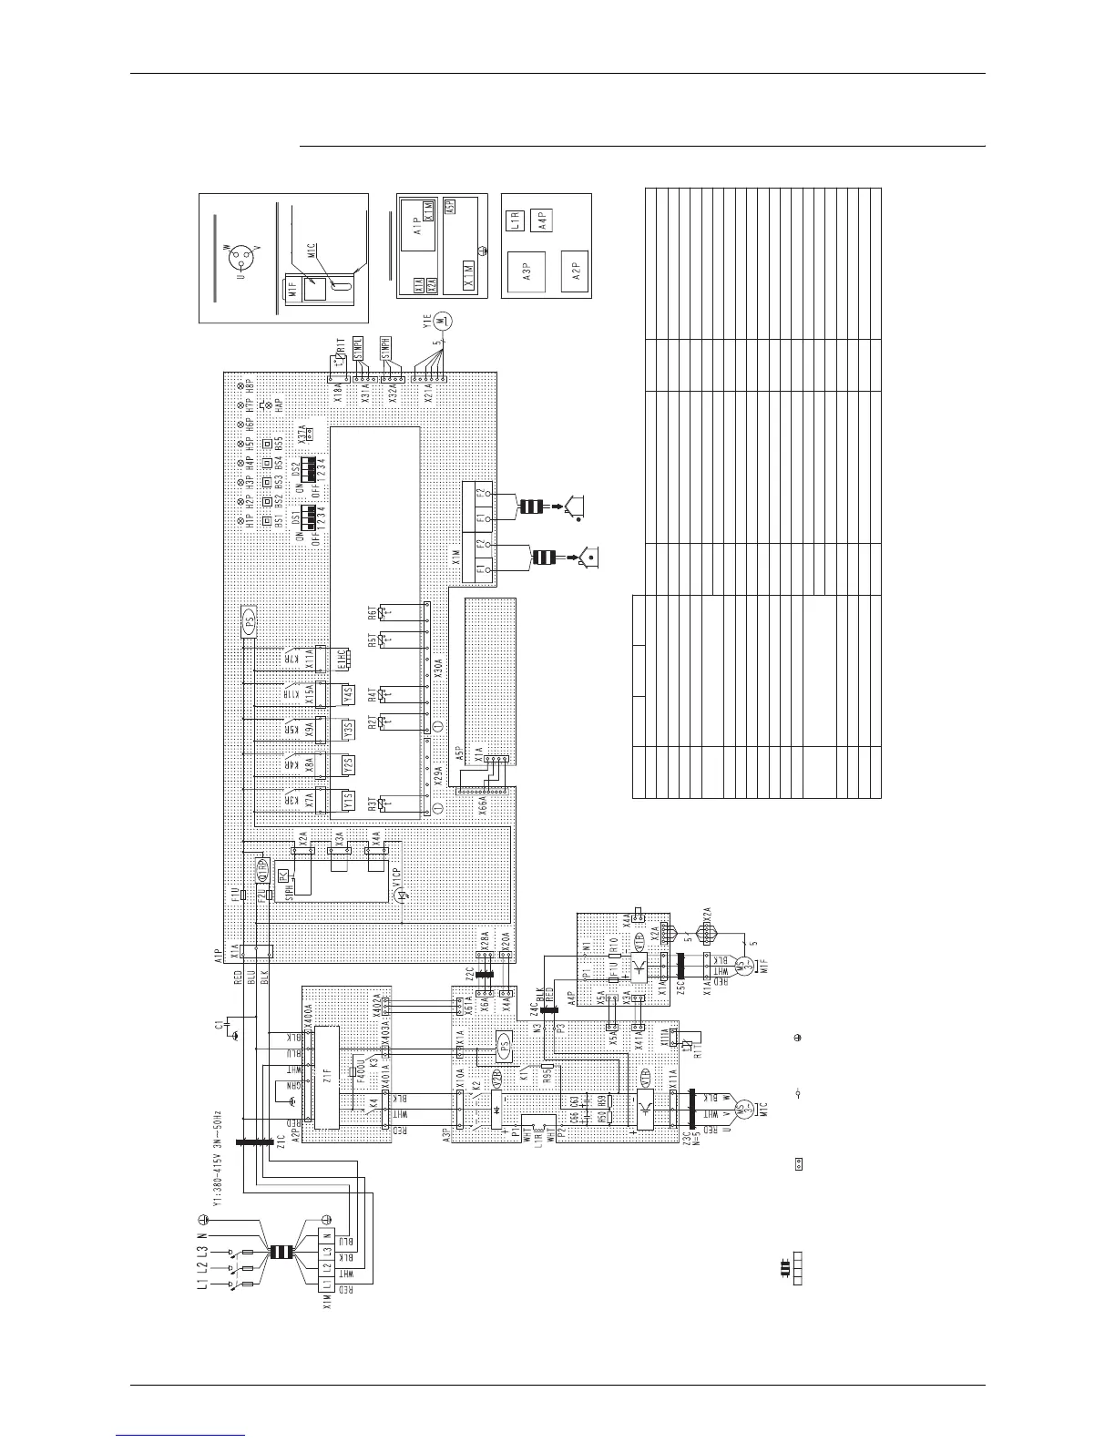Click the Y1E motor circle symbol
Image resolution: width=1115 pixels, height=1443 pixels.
tap(443, 320)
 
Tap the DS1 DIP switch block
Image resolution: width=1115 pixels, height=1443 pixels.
tap(312, 517)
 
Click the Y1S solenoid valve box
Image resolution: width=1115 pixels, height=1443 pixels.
tap(347, 800)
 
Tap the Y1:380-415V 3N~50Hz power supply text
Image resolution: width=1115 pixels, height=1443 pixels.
tap(217, 1172)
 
